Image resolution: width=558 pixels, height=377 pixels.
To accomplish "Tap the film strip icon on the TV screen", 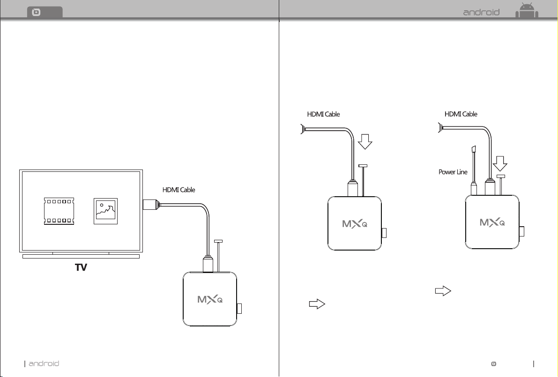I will point(59,211).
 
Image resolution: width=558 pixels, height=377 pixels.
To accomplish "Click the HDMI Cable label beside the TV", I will point(179,190).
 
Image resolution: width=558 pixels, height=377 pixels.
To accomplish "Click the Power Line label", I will point(453,172).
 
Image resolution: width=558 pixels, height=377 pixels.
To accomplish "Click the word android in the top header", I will point(481,13).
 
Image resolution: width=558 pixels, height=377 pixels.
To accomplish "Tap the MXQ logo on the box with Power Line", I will point(492,222).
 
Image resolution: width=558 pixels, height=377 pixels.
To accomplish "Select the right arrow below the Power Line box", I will point(443,291).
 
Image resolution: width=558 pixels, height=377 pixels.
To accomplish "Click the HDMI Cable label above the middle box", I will point(323,114).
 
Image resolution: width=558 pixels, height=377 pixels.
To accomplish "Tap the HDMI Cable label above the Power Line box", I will point(461,114).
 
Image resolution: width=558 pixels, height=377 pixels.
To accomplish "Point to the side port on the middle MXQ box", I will point(384,233).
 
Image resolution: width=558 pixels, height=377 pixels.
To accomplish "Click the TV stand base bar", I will point(81,256).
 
